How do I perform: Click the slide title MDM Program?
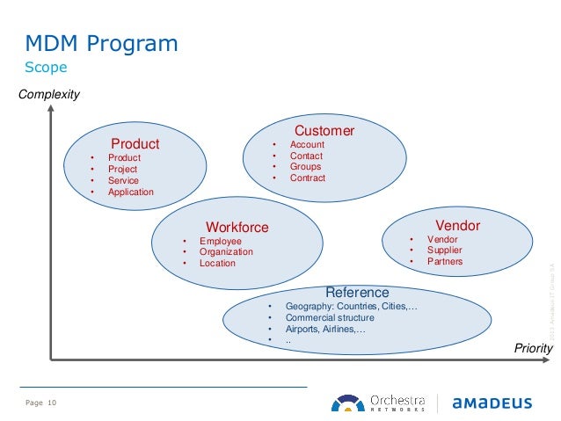click(100, 43)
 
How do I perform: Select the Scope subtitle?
click(46, 68)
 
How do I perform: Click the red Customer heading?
click(324, 131)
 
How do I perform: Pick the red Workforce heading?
click(237, 228)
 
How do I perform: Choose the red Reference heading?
click(357, 292)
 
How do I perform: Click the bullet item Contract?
click(308, 178)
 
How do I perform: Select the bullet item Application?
click(130, 192)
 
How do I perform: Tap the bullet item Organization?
click(226, 251)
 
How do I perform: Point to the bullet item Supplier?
click(445, 250)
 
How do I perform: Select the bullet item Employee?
click(220, 241)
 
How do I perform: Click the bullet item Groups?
click(305, 167)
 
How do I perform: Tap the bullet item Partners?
click(444, 261)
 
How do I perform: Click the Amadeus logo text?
click(492, 403)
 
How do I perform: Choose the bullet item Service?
click(123, 180)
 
